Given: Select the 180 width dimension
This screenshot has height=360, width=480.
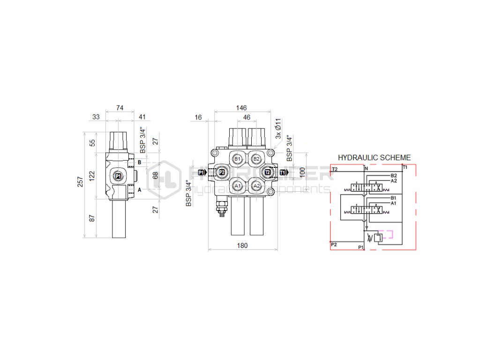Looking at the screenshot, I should click(242, 245).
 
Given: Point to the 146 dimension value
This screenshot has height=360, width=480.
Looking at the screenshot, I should click(242, 108).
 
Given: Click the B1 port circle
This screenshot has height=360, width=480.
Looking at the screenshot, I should click(238, 159).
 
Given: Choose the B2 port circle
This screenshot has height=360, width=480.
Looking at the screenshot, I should click(256, 159).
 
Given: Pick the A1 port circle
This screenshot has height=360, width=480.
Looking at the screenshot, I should click(238, 186).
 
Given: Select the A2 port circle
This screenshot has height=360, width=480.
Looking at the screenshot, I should click(256, 186).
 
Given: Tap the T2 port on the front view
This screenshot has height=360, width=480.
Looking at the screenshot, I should click(268, 172).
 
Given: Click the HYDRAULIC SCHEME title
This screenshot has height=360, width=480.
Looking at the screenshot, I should click(374, 158).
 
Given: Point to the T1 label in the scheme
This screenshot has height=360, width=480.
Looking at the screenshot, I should click(405, 167).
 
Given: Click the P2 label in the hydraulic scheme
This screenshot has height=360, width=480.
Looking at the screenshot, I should click(334, 244).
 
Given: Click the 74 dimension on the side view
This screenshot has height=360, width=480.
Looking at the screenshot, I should click(120, 108).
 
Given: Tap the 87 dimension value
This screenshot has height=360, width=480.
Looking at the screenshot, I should click(92, 217).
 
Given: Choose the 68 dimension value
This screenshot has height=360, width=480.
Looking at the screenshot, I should click(155, 176).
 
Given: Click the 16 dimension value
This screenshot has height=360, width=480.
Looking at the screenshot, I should click(198, 117).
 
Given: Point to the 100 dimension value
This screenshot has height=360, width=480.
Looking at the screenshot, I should click(303, 172).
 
